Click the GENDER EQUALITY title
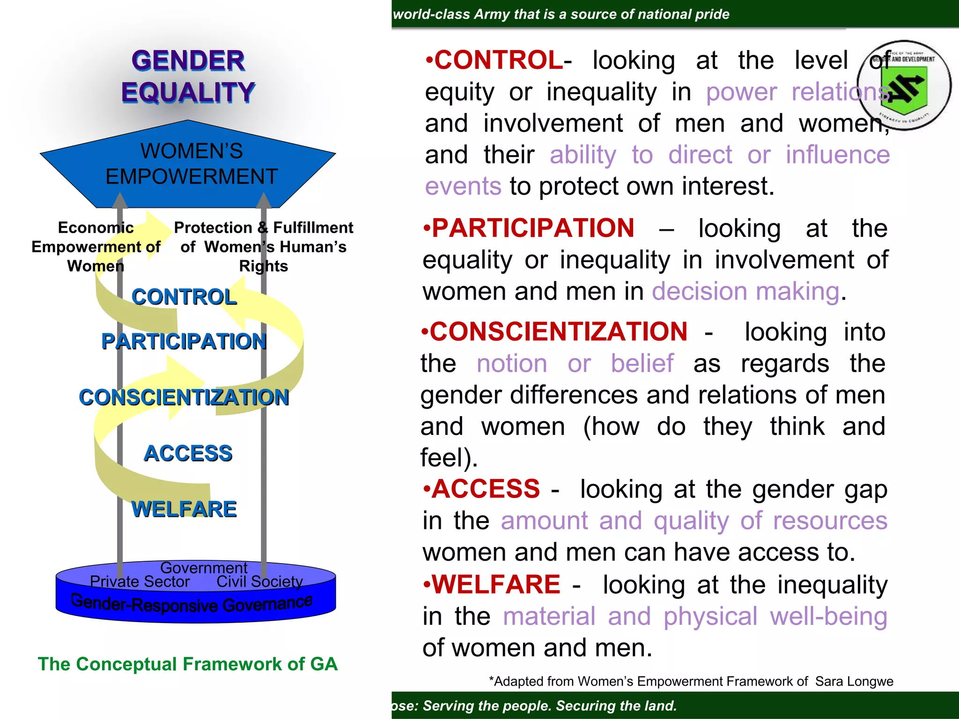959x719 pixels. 188,76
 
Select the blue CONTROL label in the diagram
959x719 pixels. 184,297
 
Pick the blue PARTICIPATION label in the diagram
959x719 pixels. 184,341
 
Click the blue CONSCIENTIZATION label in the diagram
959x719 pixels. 184,397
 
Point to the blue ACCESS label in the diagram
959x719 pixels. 188,453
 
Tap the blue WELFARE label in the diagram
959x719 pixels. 184,509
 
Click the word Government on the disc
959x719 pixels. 204,568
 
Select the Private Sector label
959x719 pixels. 140,582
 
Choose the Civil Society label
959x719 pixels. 259,582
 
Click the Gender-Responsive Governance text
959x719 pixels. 192,603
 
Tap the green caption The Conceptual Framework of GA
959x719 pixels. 188,664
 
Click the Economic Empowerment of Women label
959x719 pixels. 96,247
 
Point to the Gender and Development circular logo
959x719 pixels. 905,85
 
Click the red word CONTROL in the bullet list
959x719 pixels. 499,60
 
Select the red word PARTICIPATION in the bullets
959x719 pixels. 533,228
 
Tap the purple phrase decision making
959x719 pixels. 745,292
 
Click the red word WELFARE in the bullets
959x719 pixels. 496,585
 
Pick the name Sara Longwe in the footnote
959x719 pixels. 854,682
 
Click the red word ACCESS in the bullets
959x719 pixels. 486,489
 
